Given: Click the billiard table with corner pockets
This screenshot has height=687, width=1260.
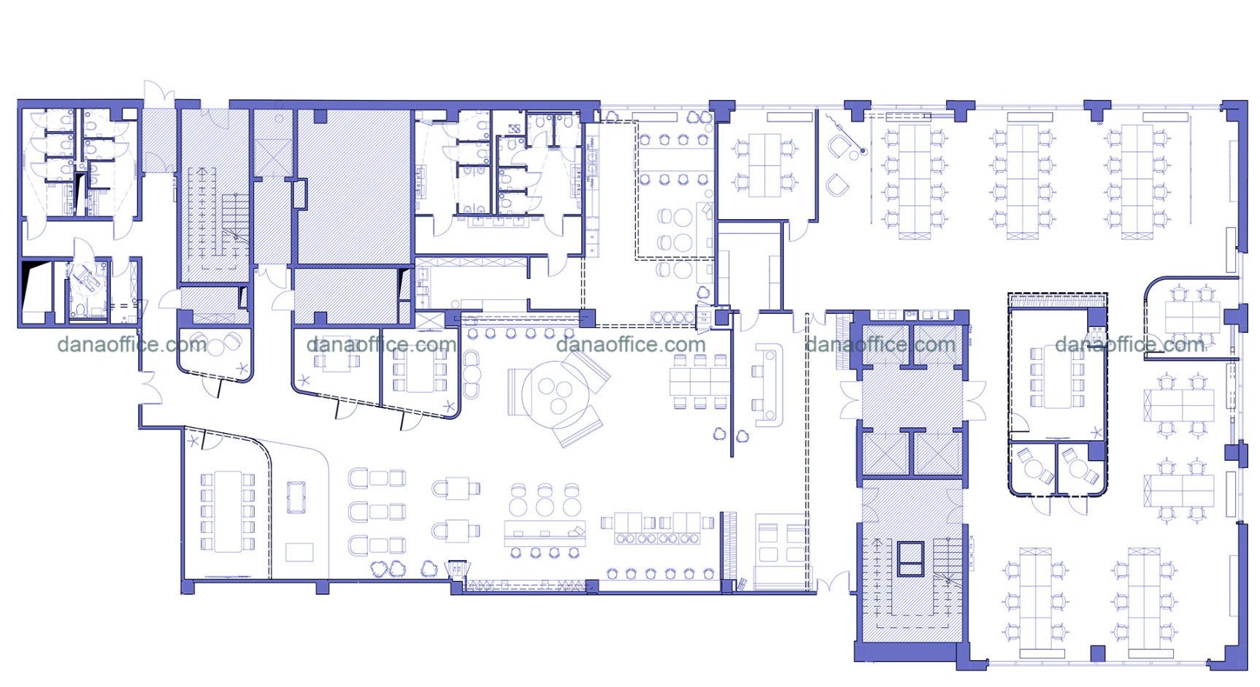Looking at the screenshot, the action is click(296, 497).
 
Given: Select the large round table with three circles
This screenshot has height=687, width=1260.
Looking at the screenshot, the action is click(555, 396).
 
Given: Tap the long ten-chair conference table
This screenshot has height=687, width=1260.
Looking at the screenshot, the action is click(227, 512).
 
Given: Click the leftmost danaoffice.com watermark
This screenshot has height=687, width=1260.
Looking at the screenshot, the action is click(132, 345).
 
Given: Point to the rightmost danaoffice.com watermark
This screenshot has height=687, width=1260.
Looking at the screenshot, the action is click(1130, 345).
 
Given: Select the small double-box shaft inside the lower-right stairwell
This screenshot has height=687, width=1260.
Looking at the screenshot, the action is click(910, 559).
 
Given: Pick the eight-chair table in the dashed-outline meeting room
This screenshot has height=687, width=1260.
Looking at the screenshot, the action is click(1056, 377).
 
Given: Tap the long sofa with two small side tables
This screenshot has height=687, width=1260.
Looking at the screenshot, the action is click(768, 385).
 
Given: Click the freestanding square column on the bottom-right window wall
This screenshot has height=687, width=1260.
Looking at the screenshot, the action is click(1098, 653).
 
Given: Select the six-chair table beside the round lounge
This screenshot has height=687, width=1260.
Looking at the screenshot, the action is click(700, 380).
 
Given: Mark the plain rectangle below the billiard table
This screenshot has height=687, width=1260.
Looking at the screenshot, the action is click(299, 552).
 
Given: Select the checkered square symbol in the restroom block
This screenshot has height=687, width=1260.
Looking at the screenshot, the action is click(514, 128).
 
